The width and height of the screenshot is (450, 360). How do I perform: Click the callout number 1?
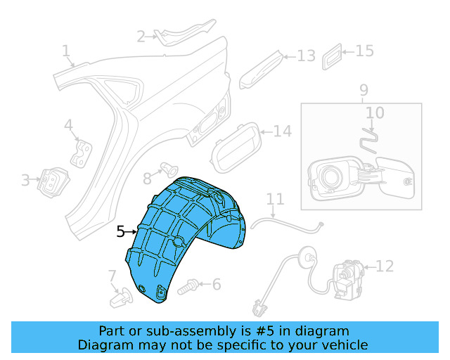click(65, 51)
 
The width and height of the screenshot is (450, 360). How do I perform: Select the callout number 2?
click(141, 36)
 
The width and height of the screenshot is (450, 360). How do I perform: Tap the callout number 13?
click(306, 56)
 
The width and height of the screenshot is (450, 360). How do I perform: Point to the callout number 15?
click(364, 51)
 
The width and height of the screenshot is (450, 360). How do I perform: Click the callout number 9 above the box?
click(364, 90)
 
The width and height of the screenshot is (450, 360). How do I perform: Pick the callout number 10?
click(375, 112)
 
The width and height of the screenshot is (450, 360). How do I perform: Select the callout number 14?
click(282, 131)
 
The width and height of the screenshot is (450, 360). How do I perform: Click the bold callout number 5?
click(120, 230)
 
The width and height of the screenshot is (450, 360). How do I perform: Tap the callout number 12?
click(385, 266)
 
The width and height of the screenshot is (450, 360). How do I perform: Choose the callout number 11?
click(274, 199)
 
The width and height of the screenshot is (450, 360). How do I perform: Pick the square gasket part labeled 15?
click(333, 56)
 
